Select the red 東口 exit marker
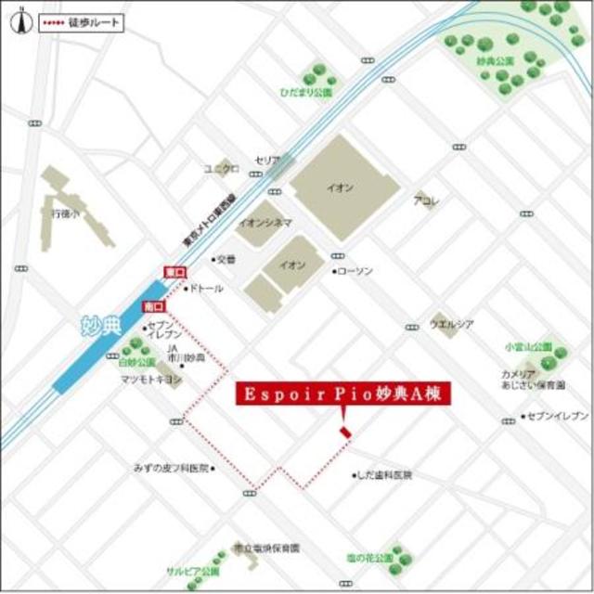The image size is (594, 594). (174, 272)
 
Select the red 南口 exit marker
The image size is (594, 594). (153, 305)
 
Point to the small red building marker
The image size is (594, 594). (345, 433)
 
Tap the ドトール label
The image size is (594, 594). (207, 289)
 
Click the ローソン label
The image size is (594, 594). (355, 271)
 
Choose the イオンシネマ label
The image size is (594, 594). (265, 223)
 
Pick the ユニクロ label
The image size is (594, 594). (222, 168)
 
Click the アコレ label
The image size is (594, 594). (426, 200)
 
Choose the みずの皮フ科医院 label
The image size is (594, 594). (173, 468)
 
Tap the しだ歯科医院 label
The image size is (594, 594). (386, 475)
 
